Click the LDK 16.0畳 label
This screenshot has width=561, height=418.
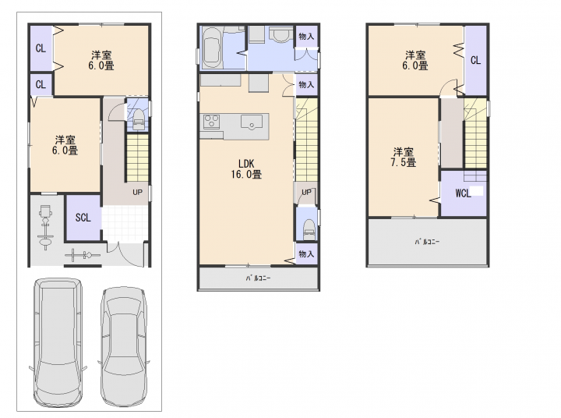tap(246, 169)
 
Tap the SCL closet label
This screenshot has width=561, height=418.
tap(83, 218)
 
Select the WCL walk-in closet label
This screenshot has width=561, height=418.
tap(463, 193)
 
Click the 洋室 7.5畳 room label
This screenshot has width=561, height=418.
tap(404, 158)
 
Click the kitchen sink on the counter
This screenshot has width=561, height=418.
tap(252, 122)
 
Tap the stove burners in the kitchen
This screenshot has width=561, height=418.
tap(211, 121)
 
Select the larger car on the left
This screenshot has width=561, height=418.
tap(58, 342)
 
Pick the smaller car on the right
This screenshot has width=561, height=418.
tap(124, 345)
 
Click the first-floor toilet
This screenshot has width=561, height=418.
tap(138, 120)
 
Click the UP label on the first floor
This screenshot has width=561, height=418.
tap(137, 193)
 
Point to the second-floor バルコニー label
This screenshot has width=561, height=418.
tap(258, 278)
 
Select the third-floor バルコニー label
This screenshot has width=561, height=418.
tap(427, 242)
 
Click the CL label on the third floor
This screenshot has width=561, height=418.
tap(475, 60)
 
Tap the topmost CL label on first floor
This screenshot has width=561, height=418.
tap(41, 48)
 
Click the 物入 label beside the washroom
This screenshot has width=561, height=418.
tap(306, 36)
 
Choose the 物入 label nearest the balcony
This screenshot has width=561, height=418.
tap(306, 254)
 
